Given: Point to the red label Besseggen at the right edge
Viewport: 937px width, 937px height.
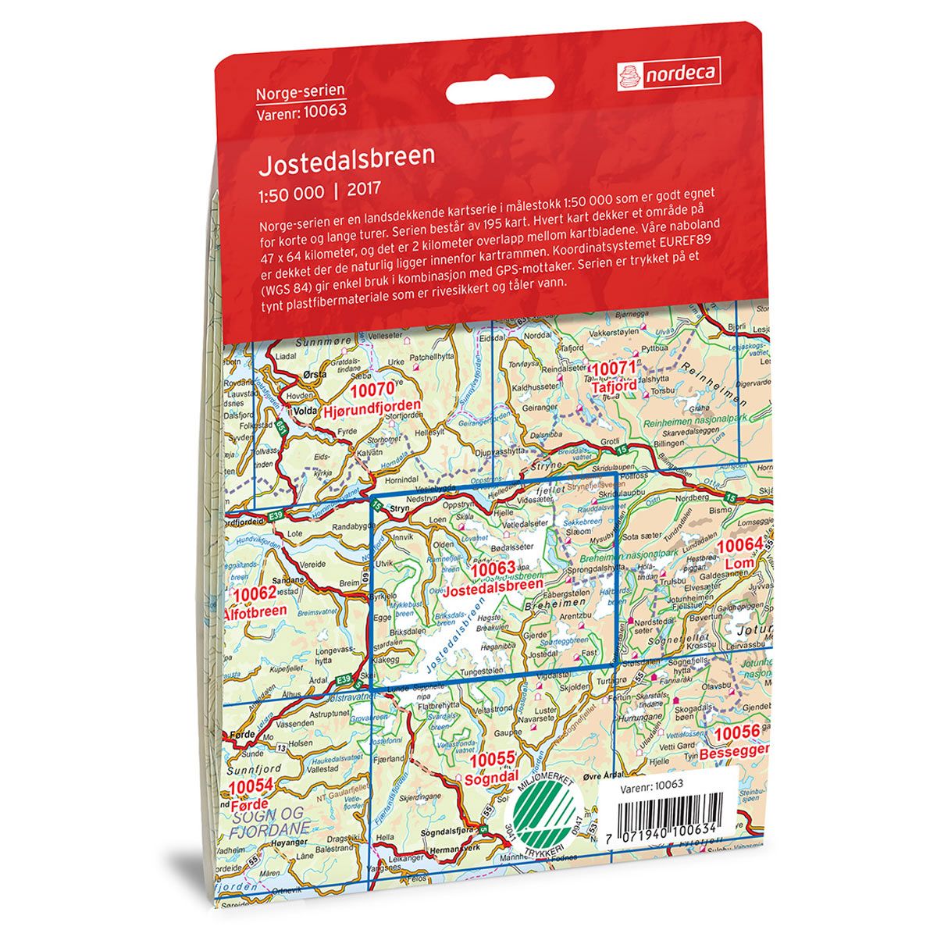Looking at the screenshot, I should (734, 754).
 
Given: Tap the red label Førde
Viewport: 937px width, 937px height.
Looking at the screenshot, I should (250, 803).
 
